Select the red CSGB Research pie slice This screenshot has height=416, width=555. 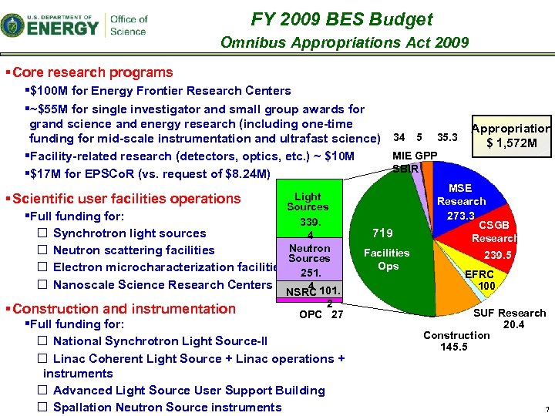coord(486,239)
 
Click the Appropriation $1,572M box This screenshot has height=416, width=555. coord(511,136)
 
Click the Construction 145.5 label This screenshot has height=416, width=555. coord(456,341)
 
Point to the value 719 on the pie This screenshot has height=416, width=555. coord(382,233)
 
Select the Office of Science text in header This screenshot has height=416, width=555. coord(128,25)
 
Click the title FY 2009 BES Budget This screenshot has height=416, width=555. coord(341,19)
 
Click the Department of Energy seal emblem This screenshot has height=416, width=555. coord(13,25)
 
